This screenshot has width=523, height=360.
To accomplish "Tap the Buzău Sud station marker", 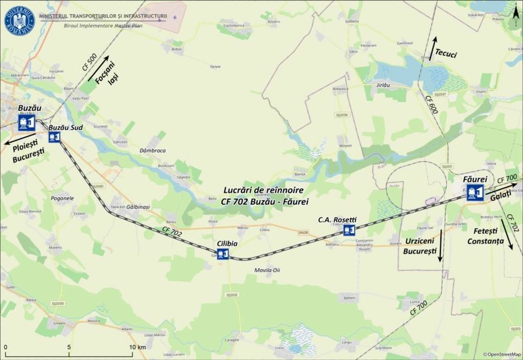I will [x=54, y=137].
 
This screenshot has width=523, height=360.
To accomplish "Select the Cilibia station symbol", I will [x=223, y=254].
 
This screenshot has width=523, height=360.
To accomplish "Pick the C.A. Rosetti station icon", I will [x=349, y=230].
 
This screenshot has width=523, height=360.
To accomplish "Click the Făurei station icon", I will [x=475, y=193].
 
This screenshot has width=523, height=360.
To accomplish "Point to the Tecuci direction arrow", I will [x=434, y=48].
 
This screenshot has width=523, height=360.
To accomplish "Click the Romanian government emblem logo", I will [x=19, y=20].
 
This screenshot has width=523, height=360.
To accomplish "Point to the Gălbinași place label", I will [x=138, y=207].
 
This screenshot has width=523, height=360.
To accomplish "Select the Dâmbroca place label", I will [x=153, y=151].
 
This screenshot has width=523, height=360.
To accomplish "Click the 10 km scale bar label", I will [x=138, y=347].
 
